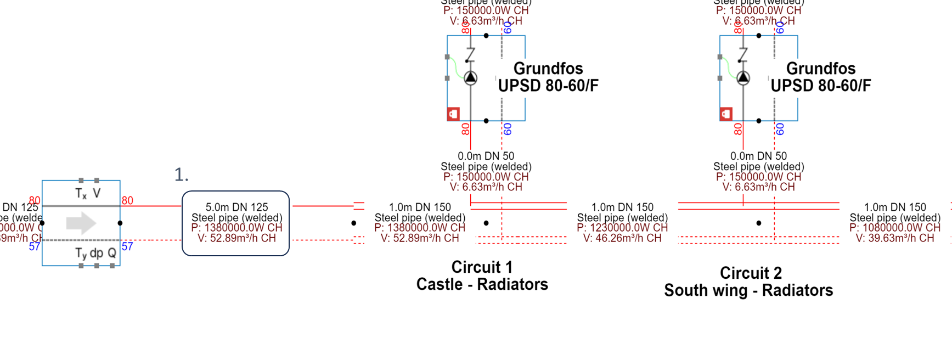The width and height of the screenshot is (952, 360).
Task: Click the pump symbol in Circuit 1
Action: pyautogui.click(x=470, y=78)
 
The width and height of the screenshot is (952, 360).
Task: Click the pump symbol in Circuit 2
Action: pyautogui.click(x=743, y=78)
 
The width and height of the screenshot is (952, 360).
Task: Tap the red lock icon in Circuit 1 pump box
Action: pyautogui.click(x=453, y=114)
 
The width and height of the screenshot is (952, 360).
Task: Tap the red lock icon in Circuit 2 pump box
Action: pyautogui.click(x=726, y=114)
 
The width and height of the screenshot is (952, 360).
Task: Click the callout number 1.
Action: pyautogui.click(x=181, y=175)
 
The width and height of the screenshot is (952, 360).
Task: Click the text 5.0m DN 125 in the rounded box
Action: pyautogui.click(x=236, y=207)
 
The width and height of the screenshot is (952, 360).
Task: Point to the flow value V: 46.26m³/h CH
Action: pyautogui.click(x=622, y=238)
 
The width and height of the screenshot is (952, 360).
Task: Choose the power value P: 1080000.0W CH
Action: pyautogui.click(x=894, y=228)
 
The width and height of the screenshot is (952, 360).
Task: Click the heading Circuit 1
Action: pyautogui.click(x=482, y=267)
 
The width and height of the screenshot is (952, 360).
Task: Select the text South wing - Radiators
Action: pyautogui.click(x=748, y=290)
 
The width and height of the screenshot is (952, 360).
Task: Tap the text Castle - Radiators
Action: pyautogui.click(x=482, y=284)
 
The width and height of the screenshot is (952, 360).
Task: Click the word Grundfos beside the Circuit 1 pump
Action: pyautogui.click(x=548, y=69)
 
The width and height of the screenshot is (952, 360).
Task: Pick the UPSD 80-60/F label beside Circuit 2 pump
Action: pyautogui.click(x=820, y=86)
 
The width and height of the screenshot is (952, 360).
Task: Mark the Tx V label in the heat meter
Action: pyautogui.click(x=88, y=193)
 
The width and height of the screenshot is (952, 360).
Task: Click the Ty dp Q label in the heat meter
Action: pyautogui.click(x=95, y=253)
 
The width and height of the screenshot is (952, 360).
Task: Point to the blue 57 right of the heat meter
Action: pyautogui.click(x=127, y=246)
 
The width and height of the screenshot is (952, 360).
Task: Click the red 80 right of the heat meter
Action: pyautogui.click(x=127, y=200)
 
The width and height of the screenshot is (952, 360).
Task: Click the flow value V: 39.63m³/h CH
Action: pyautogui.click(x=894, y=238)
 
